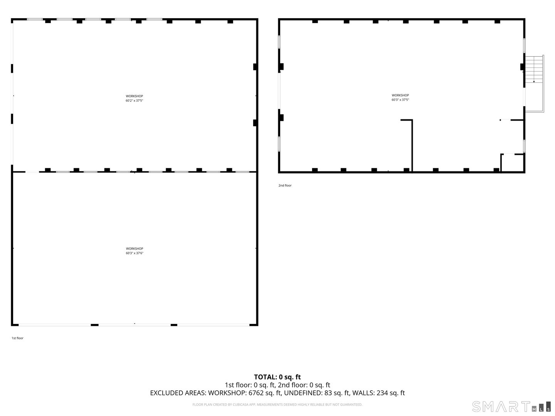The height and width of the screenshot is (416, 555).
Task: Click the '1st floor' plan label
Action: click(17, 338)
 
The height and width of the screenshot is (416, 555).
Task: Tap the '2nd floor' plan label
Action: click(285, 186)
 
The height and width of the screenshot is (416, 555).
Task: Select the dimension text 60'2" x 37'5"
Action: click(135, 101)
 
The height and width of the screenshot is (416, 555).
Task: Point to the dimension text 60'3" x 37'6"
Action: click(135, 253)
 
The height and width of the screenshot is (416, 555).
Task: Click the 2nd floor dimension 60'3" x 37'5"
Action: click(400, 100)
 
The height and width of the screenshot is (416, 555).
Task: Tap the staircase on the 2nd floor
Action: click(534, 69)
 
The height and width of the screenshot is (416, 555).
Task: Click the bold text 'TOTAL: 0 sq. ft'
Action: click(277, 377)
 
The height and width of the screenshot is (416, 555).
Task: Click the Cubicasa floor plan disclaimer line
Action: click(277, 405)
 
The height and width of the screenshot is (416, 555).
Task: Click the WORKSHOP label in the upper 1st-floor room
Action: click(135, 96)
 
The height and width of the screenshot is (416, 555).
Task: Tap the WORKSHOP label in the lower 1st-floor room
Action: click(135, 248)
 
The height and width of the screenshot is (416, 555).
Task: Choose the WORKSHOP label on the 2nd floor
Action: click(400, 95)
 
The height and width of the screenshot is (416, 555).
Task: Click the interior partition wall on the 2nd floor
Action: click(412, 146)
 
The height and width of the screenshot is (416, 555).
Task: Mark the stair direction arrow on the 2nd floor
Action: click(534, 81)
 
